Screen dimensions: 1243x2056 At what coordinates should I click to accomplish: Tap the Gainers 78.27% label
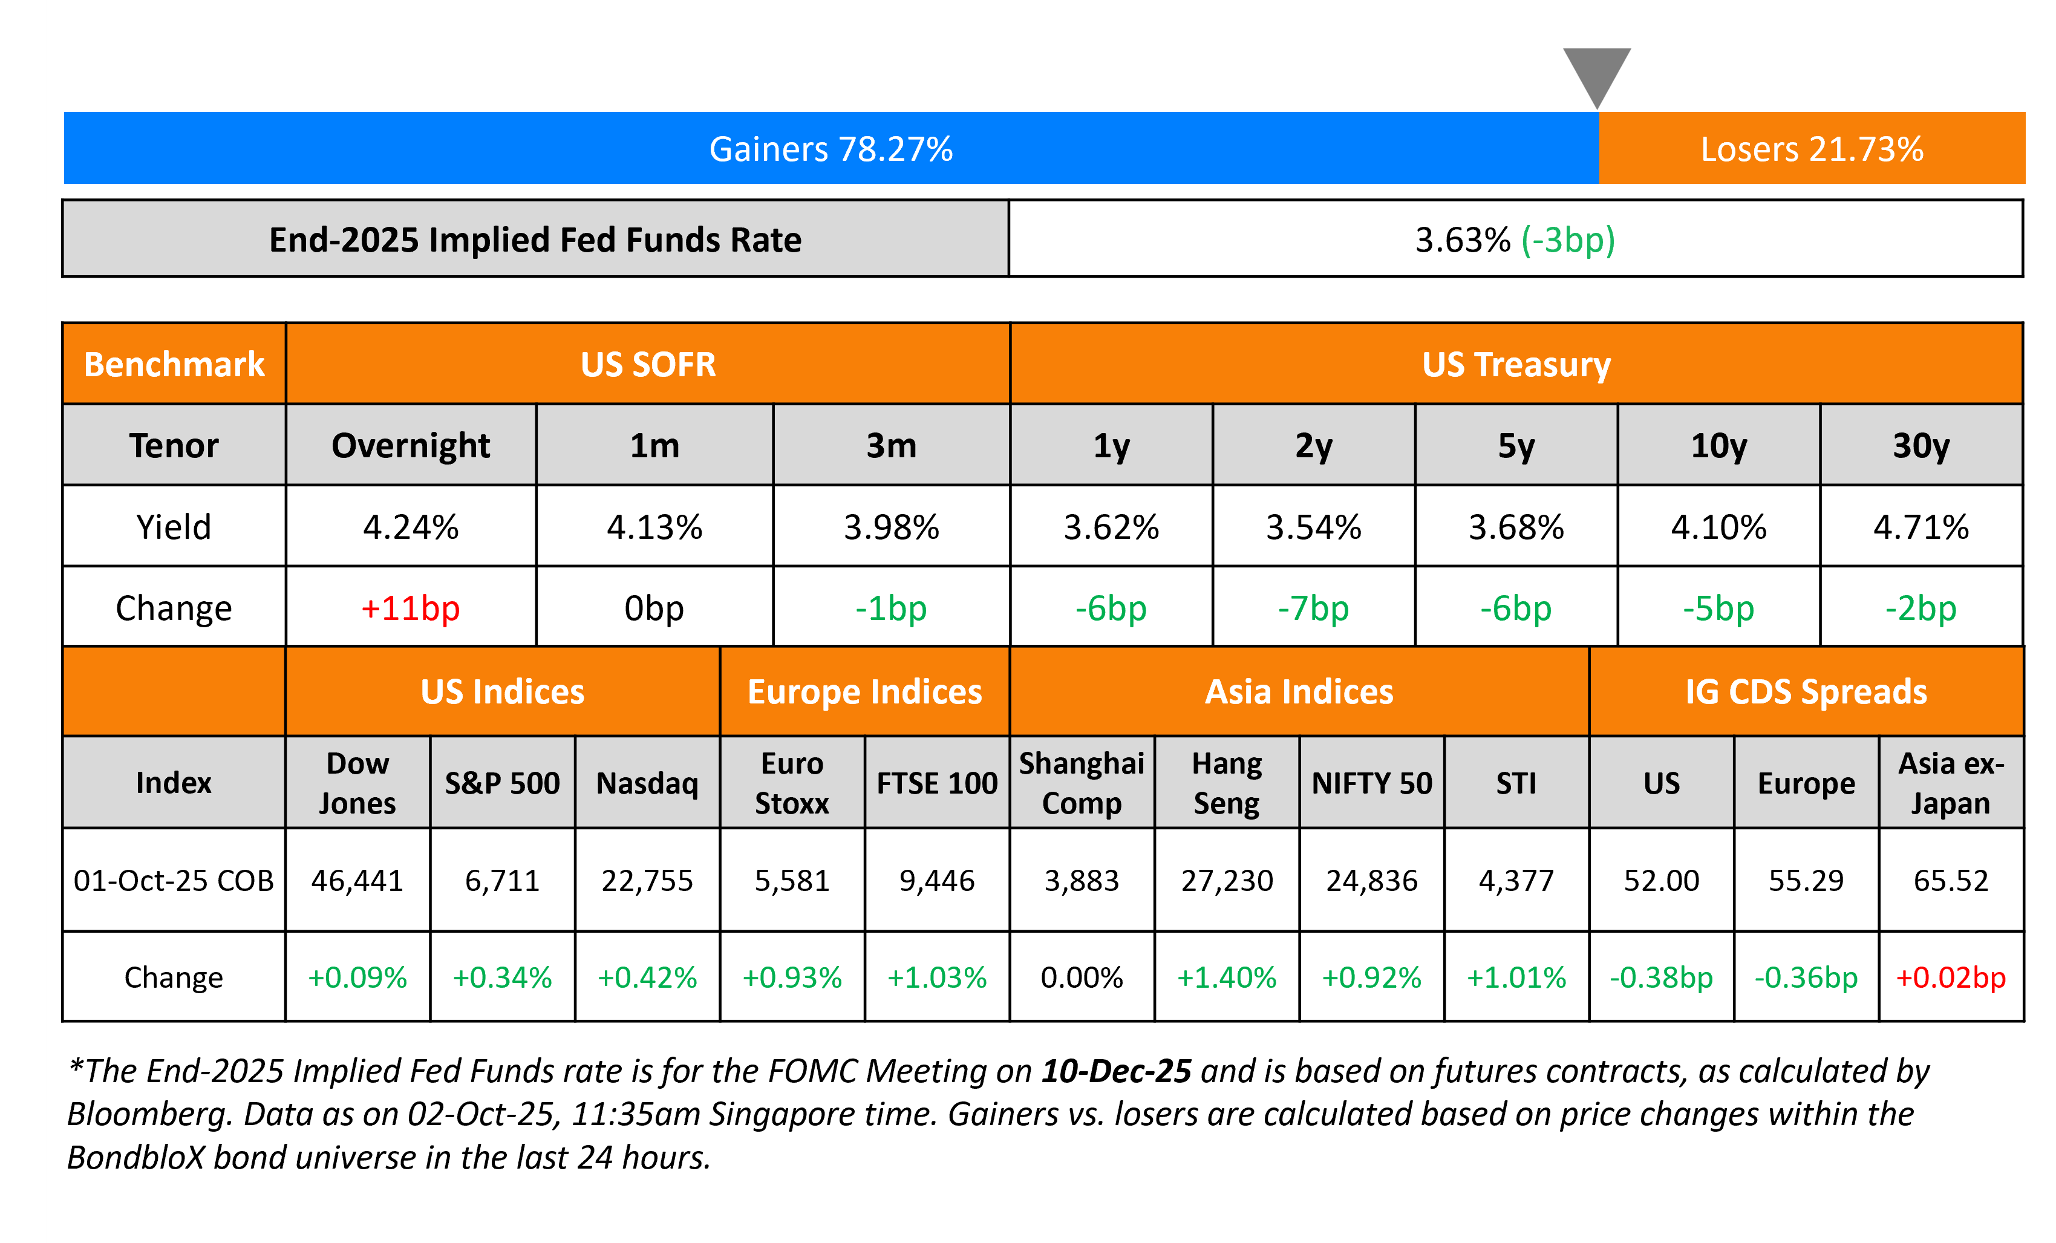(x=831, y=149)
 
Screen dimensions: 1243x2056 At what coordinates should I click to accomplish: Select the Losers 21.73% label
(x=1812, y=149)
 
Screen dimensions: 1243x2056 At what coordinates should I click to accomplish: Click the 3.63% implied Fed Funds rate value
(x=1463, y=240)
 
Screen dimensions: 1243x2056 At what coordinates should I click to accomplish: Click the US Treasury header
(x=1516, y=365)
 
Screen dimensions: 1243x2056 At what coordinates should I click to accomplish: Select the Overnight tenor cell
(x=411, y=445)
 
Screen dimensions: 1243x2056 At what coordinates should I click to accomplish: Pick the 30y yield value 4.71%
(x=1921, y=527)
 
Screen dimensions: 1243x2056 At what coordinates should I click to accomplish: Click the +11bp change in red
(x=411, y=608)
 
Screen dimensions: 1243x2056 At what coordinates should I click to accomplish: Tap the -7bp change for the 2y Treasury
(x=1313, y=608)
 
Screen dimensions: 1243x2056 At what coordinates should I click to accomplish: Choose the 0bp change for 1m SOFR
(x=654, y=608)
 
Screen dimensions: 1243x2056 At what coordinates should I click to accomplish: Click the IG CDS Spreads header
(x=1806, y=691)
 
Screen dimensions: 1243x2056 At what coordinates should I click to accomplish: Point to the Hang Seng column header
(x=1227, y=783)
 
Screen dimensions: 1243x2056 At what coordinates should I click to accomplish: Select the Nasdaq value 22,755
(x=647, y=880)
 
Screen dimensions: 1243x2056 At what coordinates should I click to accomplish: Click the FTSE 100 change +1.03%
(x=936, y=977)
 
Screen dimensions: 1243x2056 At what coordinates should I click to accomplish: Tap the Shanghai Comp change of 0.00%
(x=1082, y=977)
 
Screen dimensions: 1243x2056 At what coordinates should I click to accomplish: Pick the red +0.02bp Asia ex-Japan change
(x=1951, y=977)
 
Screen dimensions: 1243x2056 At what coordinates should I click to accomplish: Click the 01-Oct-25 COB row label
(x=174, y=880)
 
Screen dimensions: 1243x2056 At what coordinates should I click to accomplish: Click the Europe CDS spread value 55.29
(x=1806, y=880)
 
